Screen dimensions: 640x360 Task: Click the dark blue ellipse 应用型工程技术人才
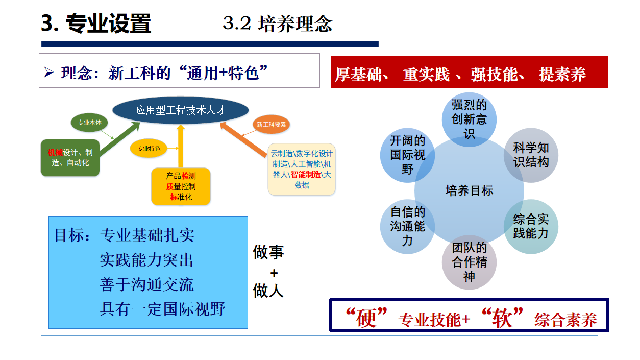(180, 110)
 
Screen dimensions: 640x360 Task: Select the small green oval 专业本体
(89, 123)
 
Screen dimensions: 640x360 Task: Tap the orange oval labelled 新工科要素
(271, 125)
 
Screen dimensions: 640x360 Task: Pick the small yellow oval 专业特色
(149, 148)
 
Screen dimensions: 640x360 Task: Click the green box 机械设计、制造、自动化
(70, 158)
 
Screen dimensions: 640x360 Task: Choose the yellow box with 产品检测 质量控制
(181, 186)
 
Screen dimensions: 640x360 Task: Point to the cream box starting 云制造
(302, 170)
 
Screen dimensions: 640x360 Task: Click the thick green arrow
(120, 138)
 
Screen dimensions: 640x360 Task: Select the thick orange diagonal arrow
(243, 139)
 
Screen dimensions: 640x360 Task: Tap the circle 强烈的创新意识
(469, 119)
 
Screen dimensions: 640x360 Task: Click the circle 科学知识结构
(531, 155)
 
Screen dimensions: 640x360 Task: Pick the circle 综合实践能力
(531, 226)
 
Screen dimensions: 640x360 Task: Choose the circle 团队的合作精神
(469, 262)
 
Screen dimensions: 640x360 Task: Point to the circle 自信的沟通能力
(407, 226)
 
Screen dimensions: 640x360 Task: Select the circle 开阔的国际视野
(407, 155)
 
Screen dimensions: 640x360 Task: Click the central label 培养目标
(469, 190)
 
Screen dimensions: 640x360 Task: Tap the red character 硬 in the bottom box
(366, 318)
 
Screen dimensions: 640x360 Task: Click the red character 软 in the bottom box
(502, 318)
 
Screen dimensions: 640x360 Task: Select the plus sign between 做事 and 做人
(274, 273)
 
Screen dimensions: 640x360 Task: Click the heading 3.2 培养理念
(278, 23)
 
